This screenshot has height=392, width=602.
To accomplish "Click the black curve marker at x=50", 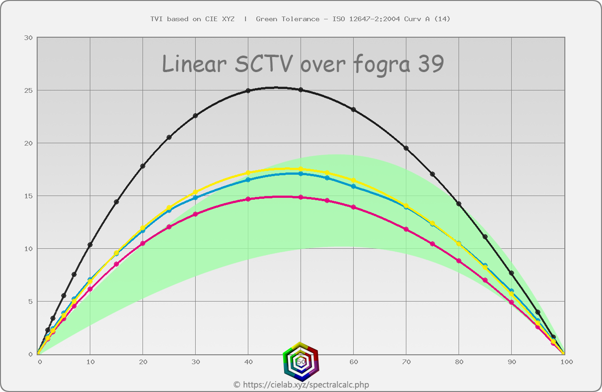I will (301, 90).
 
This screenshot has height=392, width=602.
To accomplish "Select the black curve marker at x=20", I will (143, 166).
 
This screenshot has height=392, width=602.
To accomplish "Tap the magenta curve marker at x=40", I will (248, 199).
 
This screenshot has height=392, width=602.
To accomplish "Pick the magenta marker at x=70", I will (406, 229).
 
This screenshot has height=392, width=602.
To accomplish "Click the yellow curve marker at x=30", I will (196, 192).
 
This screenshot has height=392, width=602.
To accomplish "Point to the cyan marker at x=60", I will (354, 187).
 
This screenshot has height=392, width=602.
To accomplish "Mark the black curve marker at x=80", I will (459, 204).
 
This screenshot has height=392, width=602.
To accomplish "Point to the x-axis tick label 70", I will (406, 362).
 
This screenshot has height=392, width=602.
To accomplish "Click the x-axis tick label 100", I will (566, 362).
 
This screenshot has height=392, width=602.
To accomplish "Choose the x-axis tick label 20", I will (143, 362).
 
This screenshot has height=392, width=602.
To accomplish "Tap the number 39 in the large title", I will (430, 64).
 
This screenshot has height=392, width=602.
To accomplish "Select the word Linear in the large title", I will (194, 64).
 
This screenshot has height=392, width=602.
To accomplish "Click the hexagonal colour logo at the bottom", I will (301, 361).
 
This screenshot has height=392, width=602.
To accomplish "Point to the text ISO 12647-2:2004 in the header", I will (366, 19).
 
